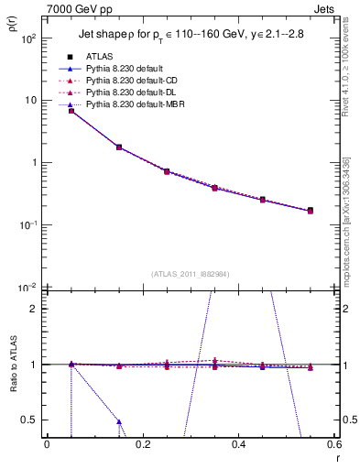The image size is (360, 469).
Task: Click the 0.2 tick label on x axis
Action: click(142, 444)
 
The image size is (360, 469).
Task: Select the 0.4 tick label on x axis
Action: click(238, 444)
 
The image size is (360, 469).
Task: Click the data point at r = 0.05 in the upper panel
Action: click(71, 111)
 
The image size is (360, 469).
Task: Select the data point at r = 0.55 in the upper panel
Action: click(311, 211)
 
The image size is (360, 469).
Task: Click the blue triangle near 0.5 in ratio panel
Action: click(119, 422)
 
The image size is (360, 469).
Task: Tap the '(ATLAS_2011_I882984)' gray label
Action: click(191, 274)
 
